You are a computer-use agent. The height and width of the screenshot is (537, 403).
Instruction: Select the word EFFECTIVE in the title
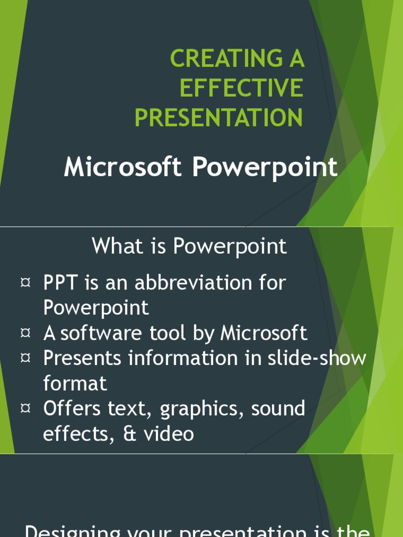(x=241, y=88)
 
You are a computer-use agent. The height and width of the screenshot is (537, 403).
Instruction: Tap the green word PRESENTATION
(x=219, y=117)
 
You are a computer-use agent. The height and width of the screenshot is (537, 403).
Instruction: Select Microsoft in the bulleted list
(x=263, y=333)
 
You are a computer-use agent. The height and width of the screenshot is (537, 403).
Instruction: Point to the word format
(x=75, y=383)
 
